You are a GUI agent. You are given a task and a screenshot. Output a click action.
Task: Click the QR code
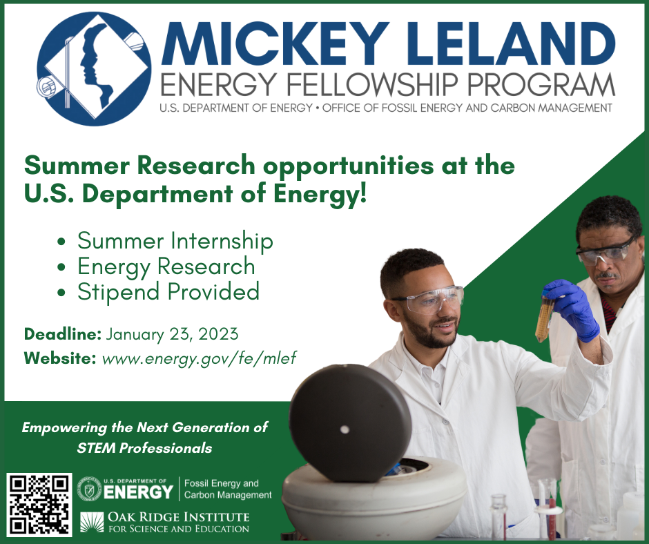coord(39,503)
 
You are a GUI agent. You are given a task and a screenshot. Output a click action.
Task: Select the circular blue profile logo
coord(94,69)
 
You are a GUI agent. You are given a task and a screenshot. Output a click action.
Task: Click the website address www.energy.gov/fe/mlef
coord(199,358)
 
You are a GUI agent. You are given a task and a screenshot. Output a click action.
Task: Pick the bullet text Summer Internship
coord(175,241)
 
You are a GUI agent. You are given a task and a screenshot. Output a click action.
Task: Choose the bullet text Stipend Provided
coord(168,291)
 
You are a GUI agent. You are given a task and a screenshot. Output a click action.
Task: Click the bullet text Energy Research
coord(166,266)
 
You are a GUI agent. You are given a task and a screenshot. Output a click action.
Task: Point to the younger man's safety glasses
coord(430,299)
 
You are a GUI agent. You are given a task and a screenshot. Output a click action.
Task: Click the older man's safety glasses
coord(605,252)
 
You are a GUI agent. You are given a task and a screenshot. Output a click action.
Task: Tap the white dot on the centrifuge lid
coord(345,429)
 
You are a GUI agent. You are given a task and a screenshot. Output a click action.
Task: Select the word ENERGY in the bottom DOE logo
coord(138,492)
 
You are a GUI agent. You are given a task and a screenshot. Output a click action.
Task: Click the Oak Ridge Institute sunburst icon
coord(91,523)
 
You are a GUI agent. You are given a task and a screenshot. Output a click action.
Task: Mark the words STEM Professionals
coord(144,448)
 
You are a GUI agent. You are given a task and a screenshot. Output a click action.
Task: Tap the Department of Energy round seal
coord(89,489)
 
